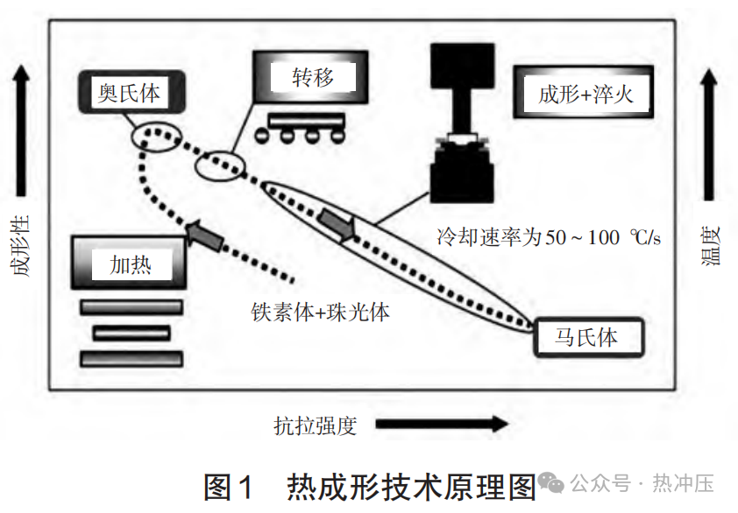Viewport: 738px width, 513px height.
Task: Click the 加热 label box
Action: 130,264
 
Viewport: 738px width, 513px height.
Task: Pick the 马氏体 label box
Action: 587,338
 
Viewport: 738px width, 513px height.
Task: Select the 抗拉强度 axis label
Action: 316,426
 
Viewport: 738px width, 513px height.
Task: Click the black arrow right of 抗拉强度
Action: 443,425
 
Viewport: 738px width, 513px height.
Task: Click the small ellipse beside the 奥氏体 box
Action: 156,136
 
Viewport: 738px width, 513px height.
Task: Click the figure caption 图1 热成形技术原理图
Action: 369,485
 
